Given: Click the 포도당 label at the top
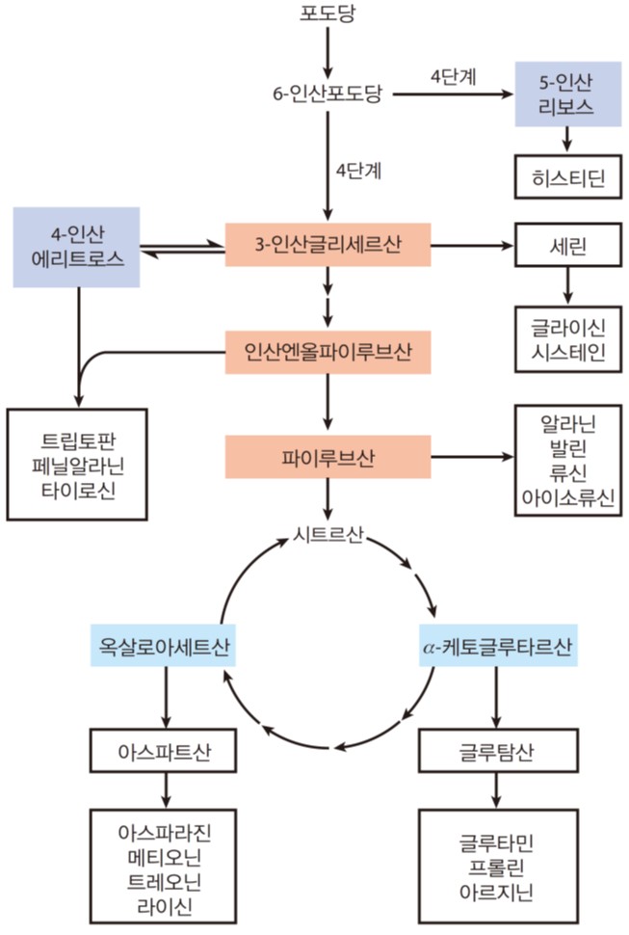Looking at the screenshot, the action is [x=328, y=13].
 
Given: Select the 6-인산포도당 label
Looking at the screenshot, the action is [x=328, y=94].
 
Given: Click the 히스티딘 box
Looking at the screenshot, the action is [x=567, y=177].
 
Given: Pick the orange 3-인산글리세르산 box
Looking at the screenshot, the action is [x=328, y=245].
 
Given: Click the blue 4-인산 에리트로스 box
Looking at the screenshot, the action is [x=77, y=247].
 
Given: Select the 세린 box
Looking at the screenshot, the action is [x=567, y=245].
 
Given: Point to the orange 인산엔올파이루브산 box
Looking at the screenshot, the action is [x=328, y=352].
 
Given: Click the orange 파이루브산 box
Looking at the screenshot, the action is [x=328, y=457].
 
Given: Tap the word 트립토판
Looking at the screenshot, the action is [x=78, y=441].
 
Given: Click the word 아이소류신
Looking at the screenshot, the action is [x=567, y=497].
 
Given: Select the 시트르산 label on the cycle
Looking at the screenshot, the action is [x=328, y=534].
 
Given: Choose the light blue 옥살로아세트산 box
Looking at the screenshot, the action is [x=163, y=646].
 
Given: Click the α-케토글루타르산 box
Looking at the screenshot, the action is [x=498, y=646].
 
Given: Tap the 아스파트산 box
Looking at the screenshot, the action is [x=163, y=751].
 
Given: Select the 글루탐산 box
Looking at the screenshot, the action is [x=498, y=751].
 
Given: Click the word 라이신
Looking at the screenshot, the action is [x=164, y=906].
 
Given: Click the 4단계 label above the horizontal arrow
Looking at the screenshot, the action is [x=454, y=77].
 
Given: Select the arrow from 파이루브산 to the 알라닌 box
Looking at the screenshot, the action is [x=472, y=457].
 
